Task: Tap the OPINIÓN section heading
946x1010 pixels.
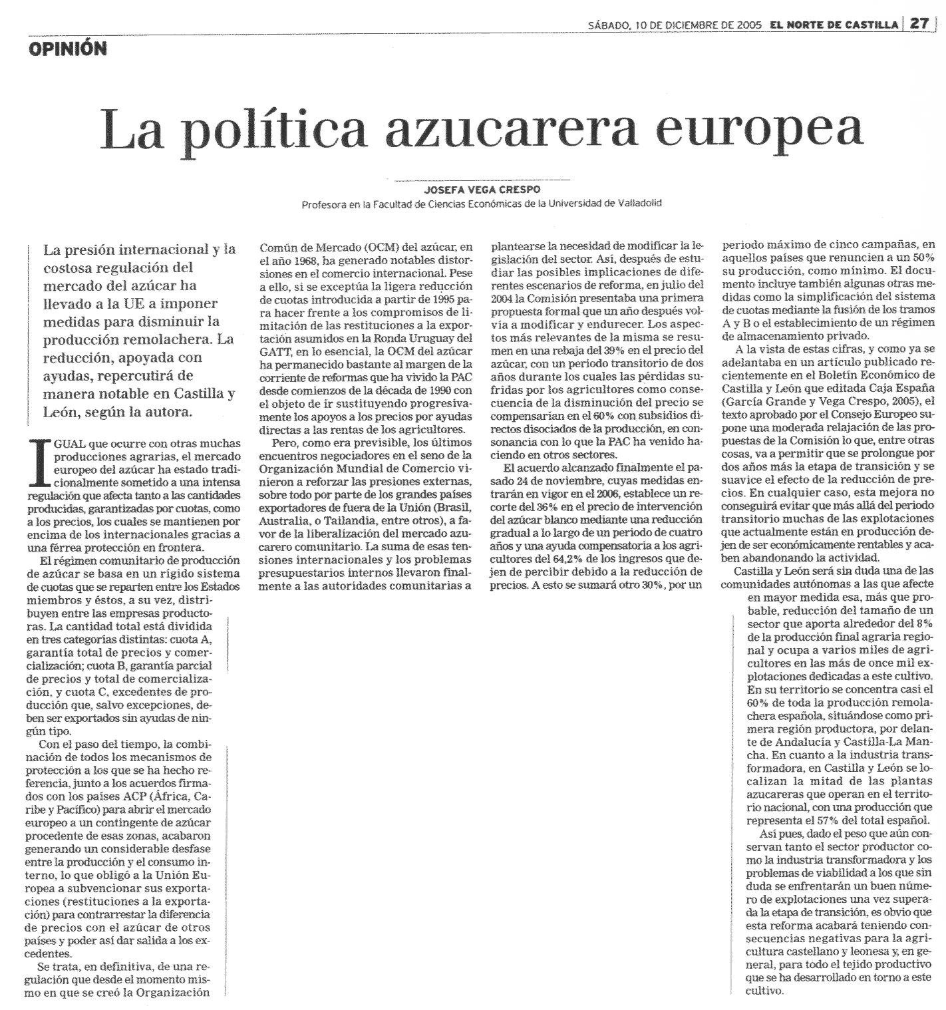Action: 68,49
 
